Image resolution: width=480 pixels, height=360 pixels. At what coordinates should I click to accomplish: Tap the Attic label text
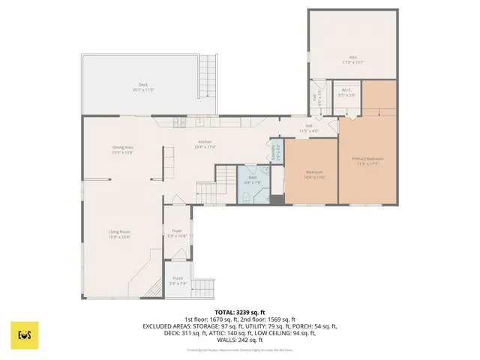click(x=352, y=57)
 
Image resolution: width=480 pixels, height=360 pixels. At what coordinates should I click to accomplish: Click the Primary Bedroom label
click(x=368, y=159)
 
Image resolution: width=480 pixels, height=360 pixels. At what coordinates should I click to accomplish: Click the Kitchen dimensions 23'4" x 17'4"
click(x=205, y=147)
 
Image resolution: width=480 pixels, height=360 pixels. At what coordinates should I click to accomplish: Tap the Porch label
click(x=178, y=278)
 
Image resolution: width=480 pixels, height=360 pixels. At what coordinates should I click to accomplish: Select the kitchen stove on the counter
click(x=179, y=122)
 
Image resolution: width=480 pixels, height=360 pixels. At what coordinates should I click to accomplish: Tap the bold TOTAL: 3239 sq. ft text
click(x=240, y=312)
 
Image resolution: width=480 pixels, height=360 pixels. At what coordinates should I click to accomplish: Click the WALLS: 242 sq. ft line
click(x=240, y=340)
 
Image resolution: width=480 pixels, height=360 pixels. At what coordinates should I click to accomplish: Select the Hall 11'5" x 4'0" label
click(x=310, y=128)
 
